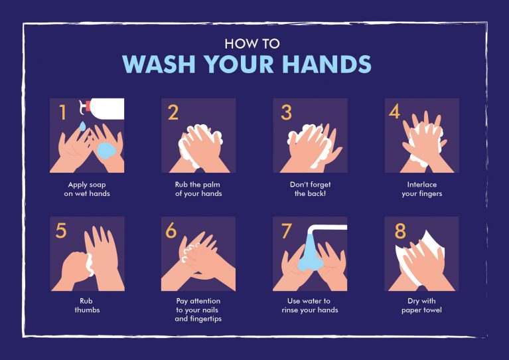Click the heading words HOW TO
tap(252, 44)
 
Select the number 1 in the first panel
tap(63, 113)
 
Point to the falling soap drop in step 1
tap(82, 126)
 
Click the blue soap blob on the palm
tap(106, 149)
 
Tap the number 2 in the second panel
tap(173, 113)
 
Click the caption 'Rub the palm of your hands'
tap(198, 189)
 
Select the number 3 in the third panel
tap(286, 113)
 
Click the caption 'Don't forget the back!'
tap(309, 189)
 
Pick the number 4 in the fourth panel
tap(395, 112)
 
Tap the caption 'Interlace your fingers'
tap(421, 189)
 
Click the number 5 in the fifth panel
tap(62, 231)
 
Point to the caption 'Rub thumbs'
tap(87, 305)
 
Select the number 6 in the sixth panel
tap(171, 231)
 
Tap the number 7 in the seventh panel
tap(287, 231)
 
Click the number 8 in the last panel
tap(400, 231)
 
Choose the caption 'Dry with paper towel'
tap(421, 305)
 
